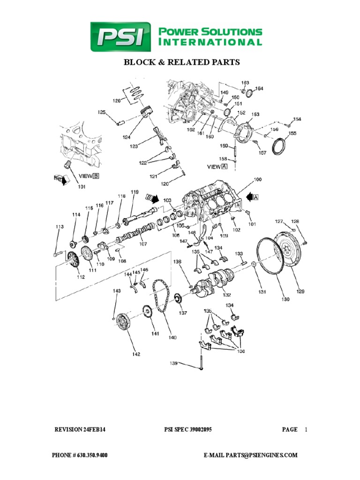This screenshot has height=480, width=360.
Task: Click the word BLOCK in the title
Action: pyautogui.click(x=139, y=62)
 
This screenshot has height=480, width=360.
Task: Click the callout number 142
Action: pyautogui.click(x=135, y=354)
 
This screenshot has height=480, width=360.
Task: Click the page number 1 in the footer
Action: pyautogui.click(x=306, y=429)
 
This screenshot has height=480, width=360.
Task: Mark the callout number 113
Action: pyautogui.click(x=59, y=227)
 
